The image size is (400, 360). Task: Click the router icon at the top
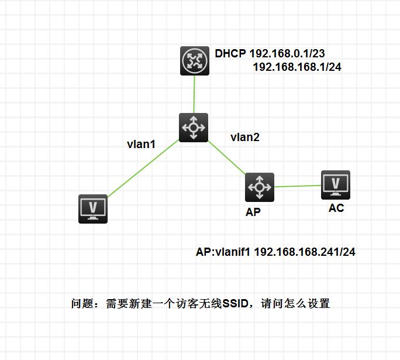(x=195, y=61)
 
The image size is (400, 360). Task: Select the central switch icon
(x=194, y=128)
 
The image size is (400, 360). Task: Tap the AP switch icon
(x=260, y=187)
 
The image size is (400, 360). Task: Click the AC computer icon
(x=336, y=185)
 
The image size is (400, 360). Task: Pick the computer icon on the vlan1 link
(x=93, y=209)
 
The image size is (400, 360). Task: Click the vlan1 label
(x=141, y=144)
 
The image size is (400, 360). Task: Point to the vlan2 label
(x=245, y=138)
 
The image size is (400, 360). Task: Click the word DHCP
(x=230, y=53)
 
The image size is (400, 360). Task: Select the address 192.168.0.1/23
(x=287, y=53)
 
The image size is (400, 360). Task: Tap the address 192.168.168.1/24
(x=297, y=67)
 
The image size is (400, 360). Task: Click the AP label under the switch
(x=253, y=212)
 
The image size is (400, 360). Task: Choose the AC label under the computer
(x=336, y=208)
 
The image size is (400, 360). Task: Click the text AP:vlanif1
(x=223, y=252)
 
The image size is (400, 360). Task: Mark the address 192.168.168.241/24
(x=305, y=252)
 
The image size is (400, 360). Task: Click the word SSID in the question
(x=235, y=304)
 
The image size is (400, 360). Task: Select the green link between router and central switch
(x=194, y=94)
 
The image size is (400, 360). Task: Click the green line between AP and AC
(x=298, y=186)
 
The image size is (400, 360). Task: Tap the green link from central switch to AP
(x=227, y=157)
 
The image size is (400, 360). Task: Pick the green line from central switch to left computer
(x=143, y=168)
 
